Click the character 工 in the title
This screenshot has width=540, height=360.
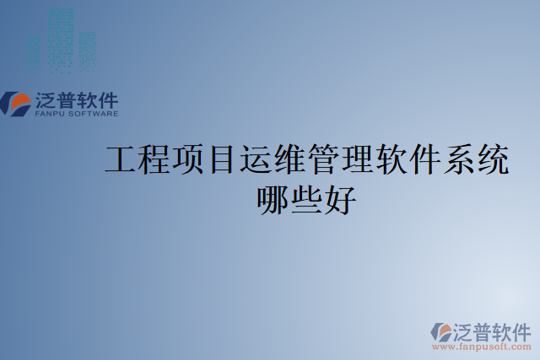pos(121,159)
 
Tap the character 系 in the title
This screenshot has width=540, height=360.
pos(459,159)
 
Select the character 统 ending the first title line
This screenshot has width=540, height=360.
pos(493,159)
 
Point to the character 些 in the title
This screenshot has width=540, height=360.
pos(306,200)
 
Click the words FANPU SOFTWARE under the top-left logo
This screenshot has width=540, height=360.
pos(76,113)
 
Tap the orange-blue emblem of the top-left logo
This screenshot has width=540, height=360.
pos(17,104)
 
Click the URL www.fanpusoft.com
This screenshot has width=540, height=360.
pos(482,347)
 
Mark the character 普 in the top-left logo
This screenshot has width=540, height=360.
pos(67,99)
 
